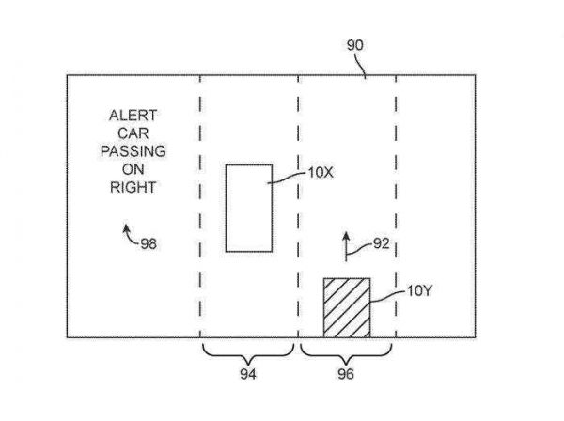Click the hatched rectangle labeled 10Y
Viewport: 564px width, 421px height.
tap(347, 307)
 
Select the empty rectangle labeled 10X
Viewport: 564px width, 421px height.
tap(249, 209)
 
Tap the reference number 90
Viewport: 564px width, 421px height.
tap(355, 45)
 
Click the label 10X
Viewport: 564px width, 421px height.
tap(321, 173)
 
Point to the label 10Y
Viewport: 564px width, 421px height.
tap(419, 290)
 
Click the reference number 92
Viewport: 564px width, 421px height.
tap(382, 243)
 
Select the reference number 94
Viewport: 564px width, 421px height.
tap(248, 374)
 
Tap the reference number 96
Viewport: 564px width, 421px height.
tap(346, 374)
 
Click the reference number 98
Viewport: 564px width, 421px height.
tap(149, 243)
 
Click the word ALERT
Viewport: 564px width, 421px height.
tap(133, 116)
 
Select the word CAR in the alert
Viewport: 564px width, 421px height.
tap(133, 133)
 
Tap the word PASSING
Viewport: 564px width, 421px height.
tap(133, 151)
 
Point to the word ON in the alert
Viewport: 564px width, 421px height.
tap(133, 169)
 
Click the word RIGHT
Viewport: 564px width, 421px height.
tap(133, 187)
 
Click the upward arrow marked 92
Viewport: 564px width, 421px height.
tap(346, 246)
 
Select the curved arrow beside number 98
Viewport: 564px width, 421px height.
tap(131, 234)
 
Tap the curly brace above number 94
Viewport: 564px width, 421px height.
tap(248, 354)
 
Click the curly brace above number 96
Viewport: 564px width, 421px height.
tap(346, 354)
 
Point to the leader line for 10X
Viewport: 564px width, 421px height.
tap(287, 178)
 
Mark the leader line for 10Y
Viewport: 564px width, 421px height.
tap(388, 296)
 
